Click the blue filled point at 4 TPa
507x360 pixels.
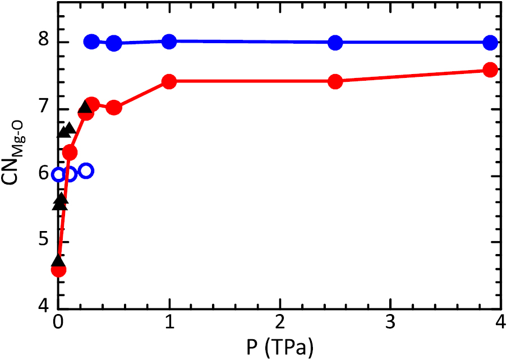pyautogui.click(x=490, y=42)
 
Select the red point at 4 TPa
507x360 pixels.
pyautogui.click(x=490, y=70)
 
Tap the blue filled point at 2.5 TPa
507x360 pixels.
pyautogui.click(x=335, y=42)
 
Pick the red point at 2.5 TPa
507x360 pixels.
pyautogui.click(x=335, y=81)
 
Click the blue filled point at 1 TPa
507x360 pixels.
pyautogui.click(x=169, y=41)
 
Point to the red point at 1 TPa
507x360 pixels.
pyautogui.click(x=169, y=81)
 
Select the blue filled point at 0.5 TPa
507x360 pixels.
pyautogui.click(x=114, y=43)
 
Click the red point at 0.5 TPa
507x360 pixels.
pyautogui.click(x=114, y=108)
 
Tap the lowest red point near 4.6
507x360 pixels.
pyautogui.click(x=58, y=270)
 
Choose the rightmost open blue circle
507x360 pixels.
pyautogui.click(x=86, y=171)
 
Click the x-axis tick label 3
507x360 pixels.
pyautogui.click(x=390, y=324)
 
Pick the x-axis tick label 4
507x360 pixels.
pyautogui.click(x=499, y=324)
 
